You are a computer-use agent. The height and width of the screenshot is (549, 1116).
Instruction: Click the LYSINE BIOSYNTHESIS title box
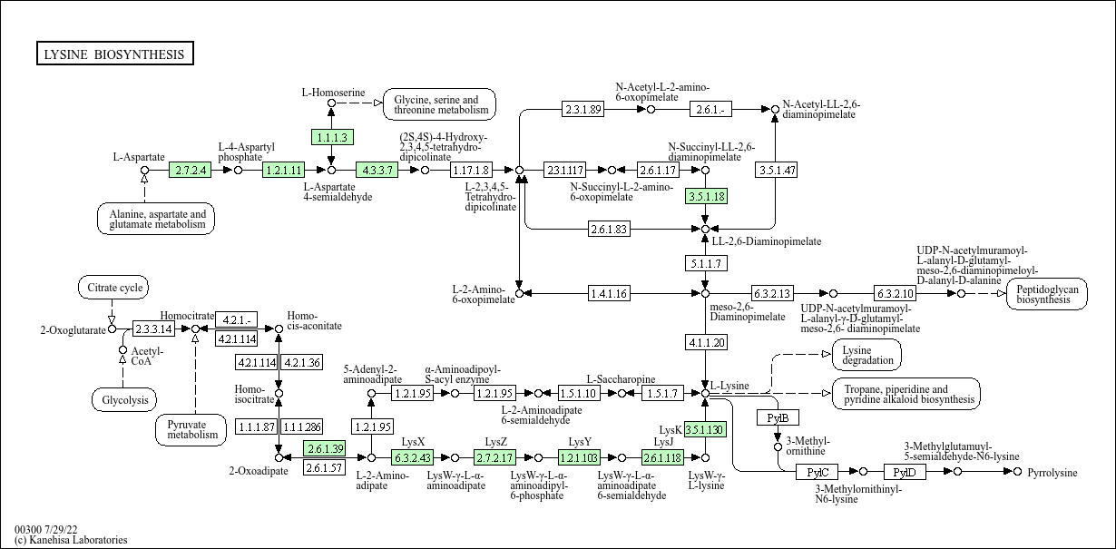click(x=114, y=54)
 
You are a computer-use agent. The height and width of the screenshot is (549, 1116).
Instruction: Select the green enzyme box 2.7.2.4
click(x=191, y=170)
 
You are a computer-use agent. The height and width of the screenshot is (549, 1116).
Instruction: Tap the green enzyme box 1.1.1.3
click(x=331, y=137)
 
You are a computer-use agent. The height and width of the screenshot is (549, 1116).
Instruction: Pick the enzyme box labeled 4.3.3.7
click(x=377, y=170)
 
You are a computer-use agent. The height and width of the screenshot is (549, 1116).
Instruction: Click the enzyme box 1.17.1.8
click(x=470, y=170)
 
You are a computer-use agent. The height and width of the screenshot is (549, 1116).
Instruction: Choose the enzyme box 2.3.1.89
click(x=582, y=109)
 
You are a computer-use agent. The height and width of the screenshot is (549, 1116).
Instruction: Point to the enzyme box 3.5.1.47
click(x=776, y=170)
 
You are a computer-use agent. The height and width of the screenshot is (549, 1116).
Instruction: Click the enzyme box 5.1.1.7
click(x=705, y=263)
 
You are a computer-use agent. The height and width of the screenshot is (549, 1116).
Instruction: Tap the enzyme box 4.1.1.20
click(x=705, y=342)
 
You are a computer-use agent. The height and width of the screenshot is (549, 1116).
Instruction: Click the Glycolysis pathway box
click(x=124, y=399)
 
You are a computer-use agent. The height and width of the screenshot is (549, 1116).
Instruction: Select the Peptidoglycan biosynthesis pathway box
click(x=1046, y=293)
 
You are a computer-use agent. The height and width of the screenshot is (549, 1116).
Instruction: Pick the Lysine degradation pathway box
click(x=866, y=355)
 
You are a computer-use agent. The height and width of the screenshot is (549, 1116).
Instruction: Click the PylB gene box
click(x=778, y=417)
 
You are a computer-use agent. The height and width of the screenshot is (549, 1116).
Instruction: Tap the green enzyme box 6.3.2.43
click(x=413, y=457)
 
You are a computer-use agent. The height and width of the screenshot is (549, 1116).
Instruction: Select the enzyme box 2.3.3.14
click(x=153, y=328)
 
